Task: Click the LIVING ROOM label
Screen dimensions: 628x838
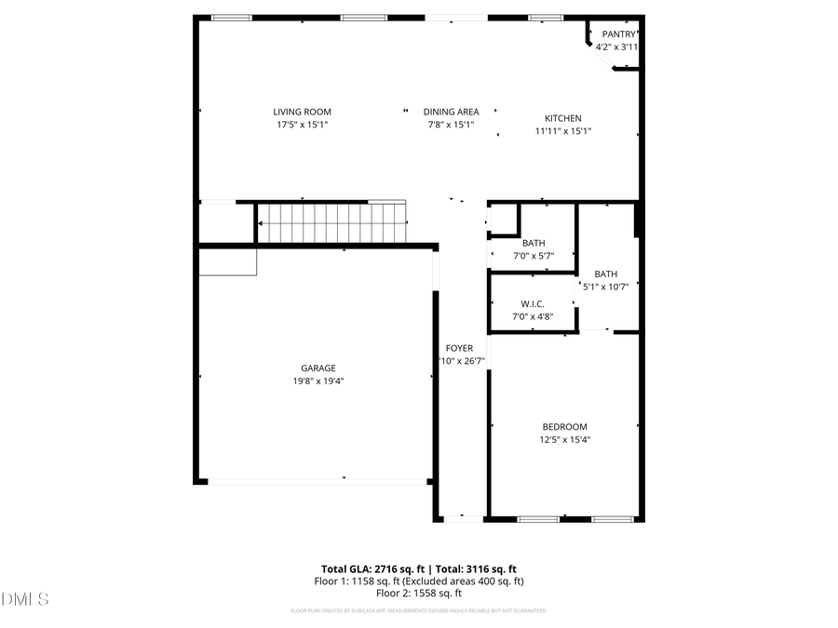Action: click(302, 112)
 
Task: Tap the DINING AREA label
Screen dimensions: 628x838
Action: click(451, 112)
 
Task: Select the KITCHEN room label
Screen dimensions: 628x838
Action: click(563, 118)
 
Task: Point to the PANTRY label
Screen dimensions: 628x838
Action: click(618, 34)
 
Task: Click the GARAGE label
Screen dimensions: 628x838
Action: click(318, 367)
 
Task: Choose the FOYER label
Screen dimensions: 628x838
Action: click(459, 348)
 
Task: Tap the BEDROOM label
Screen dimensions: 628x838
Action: click(565, 427)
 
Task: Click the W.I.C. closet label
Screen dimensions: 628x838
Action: click(533, 304)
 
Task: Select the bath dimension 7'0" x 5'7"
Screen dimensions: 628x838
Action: click(534, 256)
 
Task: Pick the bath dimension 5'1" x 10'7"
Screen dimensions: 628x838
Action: click(606, 287)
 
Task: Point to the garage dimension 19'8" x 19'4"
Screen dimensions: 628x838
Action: click(318, 381)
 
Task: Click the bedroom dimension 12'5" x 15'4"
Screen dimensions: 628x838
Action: click(565, 440)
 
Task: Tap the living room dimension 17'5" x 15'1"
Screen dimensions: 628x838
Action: click(302, 125)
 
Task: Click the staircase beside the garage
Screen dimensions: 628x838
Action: click(331, 223)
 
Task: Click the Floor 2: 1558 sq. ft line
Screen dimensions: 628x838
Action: click(419, 593)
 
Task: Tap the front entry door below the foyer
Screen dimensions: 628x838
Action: click(462, 517)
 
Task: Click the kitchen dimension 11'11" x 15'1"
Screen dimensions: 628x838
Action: click(563, 131)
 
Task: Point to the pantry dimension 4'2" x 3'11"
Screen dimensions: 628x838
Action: click(618, 47)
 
